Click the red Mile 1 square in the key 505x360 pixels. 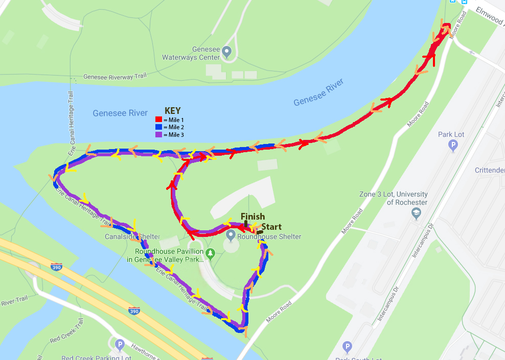click(x=158, y=119)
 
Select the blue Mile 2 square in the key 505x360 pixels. click(x=158, y=127)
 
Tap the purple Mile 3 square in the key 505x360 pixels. click(x=158, y=134)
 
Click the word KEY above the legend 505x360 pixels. click(x=172, y=111)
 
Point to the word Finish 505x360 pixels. click(x=252, y=217)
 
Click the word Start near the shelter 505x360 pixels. click(x=271, y=227)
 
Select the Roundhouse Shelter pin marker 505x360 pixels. click(x=231, y=235)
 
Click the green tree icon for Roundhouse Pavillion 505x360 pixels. click(x=210, y=252)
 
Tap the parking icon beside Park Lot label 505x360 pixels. click(x=452, y=147)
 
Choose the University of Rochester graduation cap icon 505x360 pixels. click(x=417, y=212)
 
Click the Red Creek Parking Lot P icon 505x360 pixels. click(x=120, y=345)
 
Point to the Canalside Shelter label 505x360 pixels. click(x=132, y=237)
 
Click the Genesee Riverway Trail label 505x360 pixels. click(x=115, y=77)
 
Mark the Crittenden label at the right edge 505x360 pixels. click(x=490, y=170)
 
